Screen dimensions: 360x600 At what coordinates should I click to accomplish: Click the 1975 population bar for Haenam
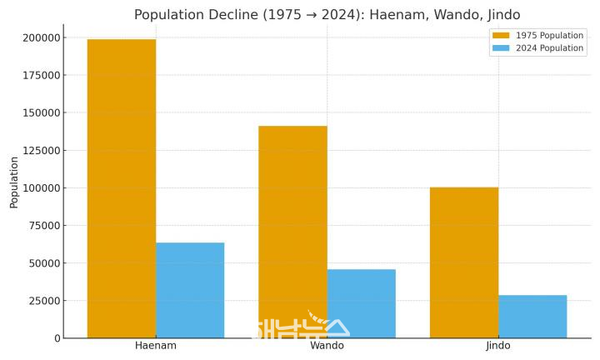121,188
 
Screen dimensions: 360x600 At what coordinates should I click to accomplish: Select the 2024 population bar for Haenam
190,290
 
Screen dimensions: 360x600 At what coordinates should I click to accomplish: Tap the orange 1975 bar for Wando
292,232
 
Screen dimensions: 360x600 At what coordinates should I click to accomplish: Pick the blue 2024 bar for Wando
362,303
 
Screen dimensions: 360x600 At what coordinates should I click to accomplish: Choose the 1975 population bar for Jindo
464,262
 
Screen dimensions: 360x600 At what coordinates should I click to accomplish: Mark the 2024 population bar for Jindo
532,317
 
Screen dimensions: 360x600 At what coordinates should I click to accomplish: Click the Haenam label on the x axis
156,346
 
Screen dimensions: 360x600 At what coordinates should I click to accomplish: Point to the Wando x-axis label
327,346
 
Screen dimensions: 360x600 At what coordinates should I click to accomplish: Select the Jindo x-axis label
498,346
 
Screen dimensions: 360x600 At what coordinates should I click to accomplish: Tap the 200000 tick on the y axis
41,37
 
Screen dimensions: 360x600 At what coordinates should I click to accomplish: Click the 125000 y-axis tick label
41,151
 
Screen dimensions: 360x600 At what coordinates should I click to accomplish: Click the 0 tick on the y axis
57,338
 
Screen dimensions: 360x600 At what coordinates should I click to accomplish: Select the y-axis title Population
14,182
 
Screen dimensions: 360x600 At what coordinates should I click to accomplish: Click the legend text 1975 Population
549,36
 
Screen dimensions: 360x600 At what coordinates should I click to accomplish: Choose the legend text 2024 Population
549,48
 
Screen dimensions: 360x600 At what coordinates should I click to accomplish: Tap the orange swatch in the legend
501,36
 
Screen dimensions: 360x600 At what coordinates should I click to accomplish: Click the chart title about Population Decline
327,15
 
